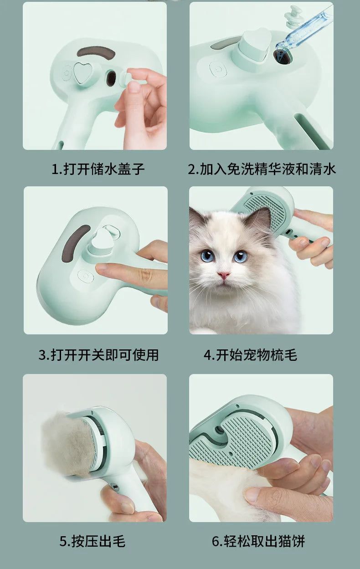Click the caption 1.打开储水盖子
click(98, 169)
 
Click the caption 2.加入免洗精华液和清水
click(262, 169)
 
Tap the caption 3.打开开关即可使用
click(98, 355)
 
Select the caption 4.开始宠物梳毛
click(250, 355)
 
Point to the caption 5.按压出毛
click(92, 541)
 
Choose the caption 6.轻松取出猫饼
click(258, 541)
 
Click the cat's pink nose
click(223, 276)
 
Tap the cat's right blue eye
click(240, 256)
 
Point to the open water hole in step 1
click(111, 79)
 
